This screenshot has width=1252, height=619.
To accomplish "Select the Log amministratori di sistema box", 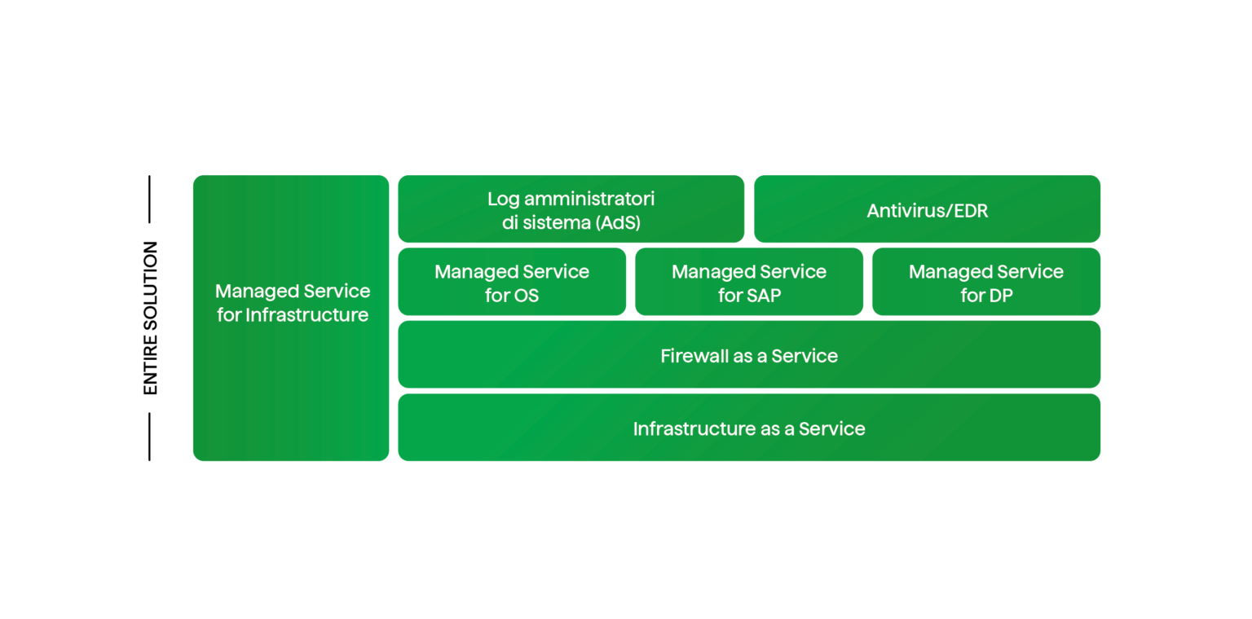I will click(571, 209).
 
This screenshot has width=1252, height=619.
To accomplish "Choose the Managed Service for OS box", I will click(512, 282).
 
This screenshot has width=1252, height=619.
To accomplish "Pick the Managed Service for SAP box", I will click(749, 282).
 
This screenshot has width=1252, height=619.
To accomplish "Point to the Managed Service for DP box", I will click(986, 282).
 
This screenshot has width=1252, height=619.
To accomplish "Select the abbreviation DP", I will click(999, 296).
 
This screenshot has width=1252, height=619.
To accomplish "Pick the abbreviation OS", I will click(525, 296).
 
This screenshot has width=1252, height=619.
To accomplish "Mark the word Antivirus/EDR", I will click(928, 211).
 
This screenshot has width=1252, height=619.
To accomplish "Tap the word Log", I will click(503, 199).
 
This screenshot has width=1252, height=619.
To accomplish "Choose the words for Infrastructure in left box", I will click(293, 315).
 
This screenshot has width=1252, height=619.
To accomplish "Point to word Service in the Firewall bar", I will click(805, 356).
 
